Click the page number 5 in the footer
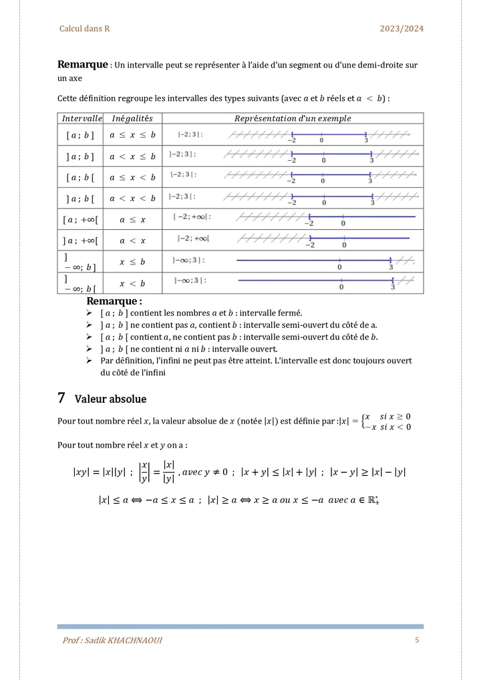point(417,641)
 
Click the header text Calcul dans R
point(84,29)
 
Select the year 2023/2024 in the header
point(402,29)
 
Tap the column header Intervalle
point(82,118)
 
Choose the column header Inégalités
point(132,118)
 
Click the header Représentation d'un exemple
point(293,118)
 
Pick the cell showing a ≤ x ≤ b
point(132,135)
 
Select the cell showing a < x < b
point(132,198)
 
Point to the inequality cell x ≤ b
point(132,262)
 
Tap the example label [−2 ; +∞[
point(192,216)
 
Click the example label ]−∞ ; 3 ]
point(188,260)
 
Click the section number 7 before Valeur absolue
point(61,398)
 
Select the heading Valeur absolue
point(110,399)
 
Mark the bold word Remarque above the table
point(83,65)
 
